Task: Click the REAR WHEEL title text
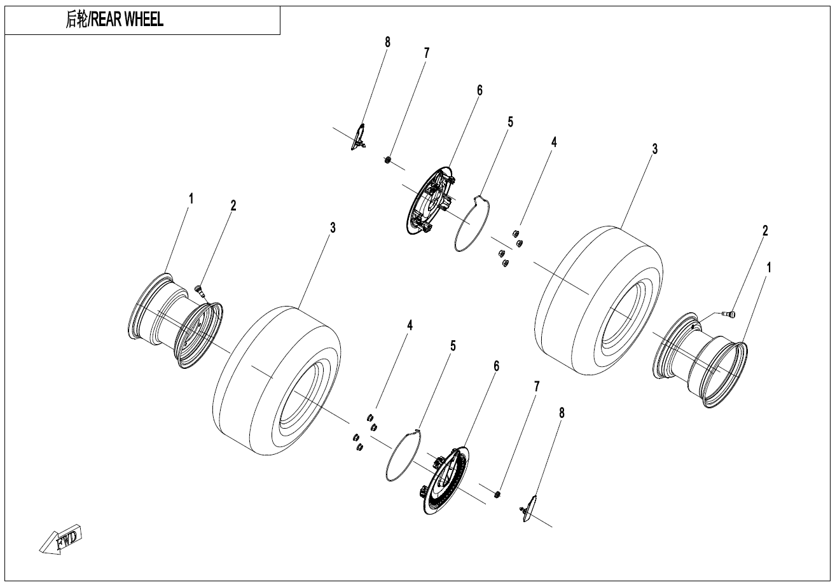tap(115, 20)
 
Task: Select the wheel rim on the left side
tap(175, 321)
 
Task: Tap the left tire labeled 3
tap(277, 381)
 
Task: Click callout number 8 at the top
tap(387, 42)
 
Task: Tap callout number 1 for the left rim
tap(190, 198)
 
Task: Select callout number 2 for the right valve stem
tap(765, 230)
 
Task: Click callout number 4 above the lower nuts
tap(410, 325)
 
